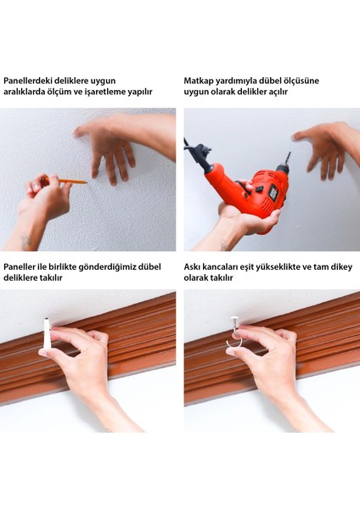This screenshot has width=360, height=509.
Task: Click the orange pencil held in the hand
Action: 65,180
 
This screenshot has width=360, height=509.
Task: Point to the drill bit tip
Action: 289,154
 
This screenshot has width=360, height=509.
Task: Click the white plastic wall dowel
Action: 46,333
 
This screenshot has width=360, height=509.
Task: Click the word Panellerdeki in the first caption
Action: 28,81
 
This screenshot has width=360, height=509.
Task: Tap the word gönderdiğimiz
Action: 108,267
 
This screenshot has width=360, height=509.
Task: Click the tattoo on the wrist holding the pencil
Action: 26,241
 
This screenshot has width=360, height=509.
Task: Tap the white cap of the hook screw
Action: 234,320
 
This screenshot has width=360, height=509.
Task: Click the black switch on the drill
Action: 260,188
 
